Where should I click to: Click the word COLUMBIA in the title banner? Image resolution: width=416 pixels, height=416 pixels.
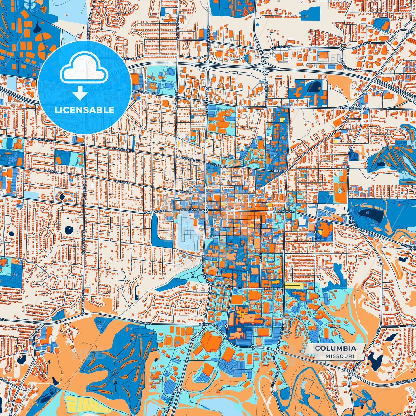(x=335, y=348)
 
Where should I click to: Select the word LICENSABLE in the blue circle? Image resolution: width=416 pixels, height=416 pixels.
(x=85, y=110)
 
